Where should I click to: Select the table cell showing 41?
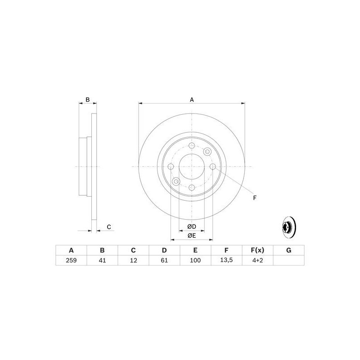[x=102, y=260]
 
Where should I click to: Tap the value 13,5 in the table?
[x=226, y=260]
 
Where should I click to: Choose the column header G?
[x=289, y=250]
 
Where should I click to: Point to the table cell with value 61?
[x=164, y=260]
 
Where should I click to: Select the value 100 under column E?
[x=195, y=260]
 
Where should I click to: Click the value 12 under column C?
[x=133, y=260]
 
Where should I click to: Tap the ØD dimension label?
[x=192, y=226]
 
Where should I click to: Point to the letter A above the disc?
[x=192, y=99]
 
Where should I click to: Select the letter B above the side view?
[x=88, y=99]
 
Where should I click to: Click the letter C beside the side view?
[x=108, y=227]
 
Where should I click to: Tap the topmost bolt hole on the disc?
[x=192, y=146]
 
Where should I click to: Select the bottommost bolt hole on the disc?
[x=192, y=187]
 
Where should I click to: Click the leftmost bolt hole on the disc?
[x=171, y=166]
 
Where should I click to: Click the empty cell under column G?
[x=289, y=260]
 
